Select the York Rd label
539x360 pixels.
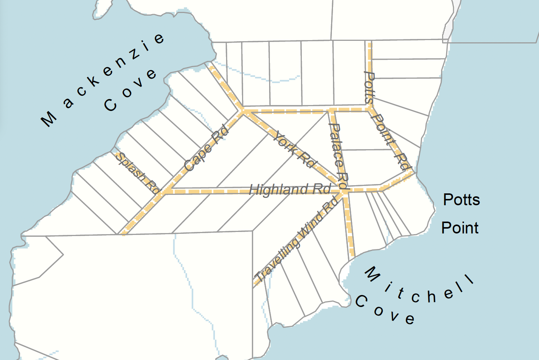click(295, 150)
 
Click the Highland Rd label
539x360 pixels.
click(290, 190)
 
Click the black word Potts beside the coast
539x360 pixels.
click(461, 200)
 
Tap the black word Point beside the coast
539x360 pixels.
click(460, 228)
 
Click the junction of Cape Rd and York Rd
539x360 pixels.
click(243, 111)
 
